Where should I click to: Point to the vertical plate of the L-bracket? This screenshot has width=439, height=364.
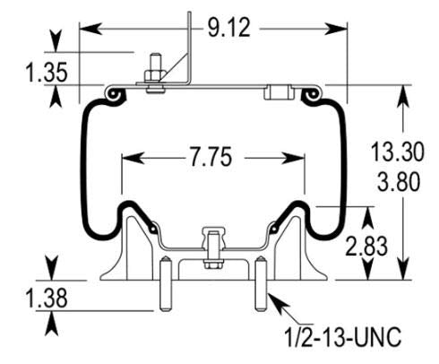(x=191, y=45)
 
